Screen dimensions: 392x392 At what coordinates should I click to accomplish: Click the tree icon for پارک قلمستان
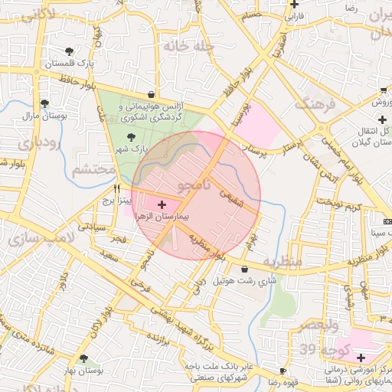pyautogui.click(x=70, y=51)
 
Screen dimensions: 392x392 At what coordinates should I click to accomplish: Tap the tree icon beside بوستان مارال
pyautogui.click(x=44, y=103)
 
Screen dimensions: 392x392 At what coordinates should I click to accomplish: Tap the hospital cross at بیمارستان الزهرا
pyautogui.click(x=162, y=205)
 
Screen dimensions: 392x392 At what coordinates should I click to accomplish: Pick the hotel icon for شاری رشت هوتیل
pyautogui.click(x=244, y=269)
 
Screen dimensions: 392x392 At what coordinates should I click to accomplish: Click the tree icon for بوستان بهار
pyautogui.click(x=83, y=358)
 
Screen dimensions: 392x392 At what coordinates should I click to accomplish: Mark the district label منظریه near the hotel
pyautogui.click(x=283, y=261)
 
